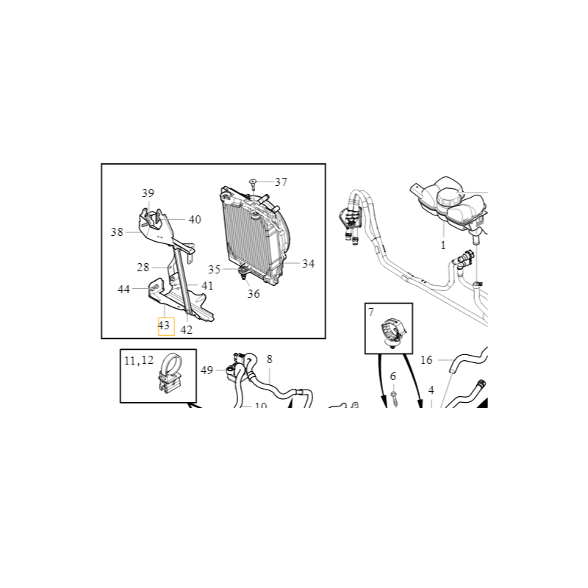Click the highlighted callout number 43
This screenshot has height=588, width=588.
[x=164, y=325]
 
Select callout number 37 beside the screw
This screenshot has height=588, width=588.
[x=281, y=182]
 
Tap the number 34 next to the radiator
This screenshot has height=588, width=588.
[x=308, y=264]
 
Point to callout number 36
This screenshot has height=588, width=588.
[x=254, y=293]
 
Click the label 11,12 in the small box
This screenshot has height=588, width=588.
[x=139, y=360]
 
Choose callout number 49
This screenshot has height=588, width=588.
[x=207, y=370]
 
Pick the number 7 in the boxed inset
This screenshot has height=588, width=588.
[x=371, y=312]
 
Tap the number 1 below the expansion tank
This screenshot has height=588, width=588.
[x=443, y=245]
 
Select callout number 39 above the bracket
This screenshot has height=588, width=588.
[x=148, y=193]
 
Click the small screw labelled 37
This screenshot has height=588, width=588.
[x=252, y=183]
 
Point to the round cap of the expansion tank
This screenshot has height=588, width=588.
[x=448, y=197]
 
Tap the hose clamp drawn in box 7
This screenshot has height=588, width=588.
[x=393, y=332]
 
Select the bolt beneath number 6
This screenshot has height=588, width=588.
[x=394, y=398]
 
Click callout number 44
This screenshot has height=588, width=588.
[x=123, y=290]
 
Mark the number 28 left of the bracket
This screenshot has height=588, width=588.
[x=143, y=268]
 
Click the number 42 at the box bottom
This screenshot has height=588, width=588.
[x=187, y=329]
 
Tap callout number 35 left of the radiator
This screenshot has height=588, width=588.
[x=214, y=269]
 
